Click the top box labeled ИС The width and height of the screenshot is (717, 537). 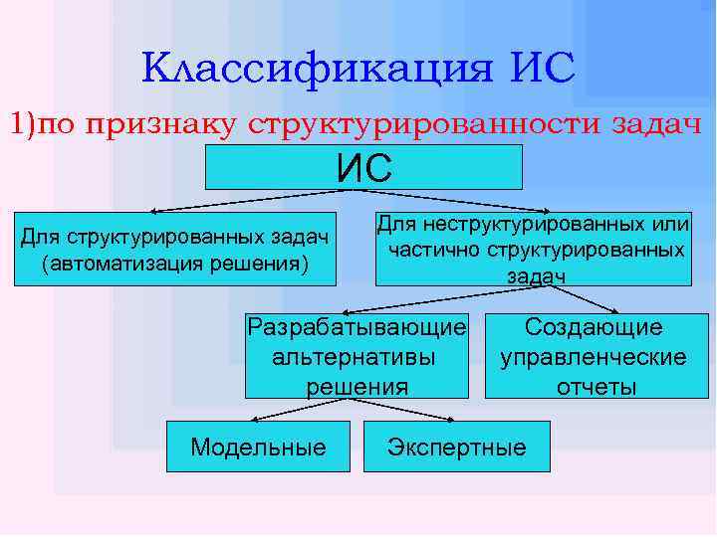363,167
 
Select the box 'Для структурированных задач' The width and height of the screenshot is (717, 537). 174,249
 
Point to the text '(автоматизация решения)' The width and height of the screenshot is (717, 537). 174,263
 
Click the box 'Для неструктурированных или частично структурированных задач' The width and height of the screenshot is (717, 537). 533,249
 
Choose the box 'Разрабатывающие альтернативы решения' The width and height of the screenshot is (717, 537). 357,356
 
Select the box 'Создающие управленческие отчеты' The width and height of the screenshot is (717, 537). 596,356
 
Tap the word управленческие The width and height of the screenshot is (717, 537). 594,357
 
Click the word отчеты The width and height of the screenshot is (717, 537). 596,386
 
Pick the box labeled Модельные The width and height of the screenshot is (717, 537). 258,447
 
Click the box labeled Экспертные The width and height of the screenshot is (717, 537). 457,447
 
